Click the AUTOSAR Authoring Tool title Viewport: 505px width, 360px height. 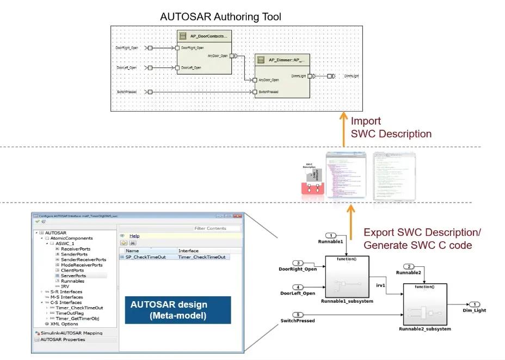pos(220,17)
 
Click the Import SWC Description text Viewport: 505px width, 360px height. pos(391,127)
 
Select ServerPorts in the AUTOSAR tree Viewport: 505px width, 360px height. pos(73,276)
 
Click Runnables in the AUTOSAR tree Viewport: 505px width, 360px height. pos(72,281)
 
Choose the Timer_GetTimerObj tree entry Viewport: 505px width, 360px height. pos(77,318)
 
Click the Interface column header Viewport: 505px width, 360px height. pos(189,251)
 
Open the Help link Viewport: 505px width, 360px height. pos(134,236)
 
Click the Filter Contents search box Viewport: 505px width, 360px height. pos(217,228)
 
